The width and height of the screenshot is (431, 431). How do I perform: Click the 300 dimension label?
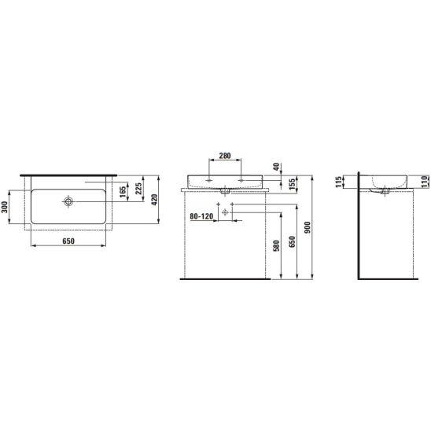point(5,206)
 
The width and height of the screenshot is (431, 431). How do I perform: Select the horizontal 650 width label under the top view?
point(68,241)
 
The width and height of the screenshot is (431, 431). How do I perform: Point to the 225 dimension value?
point(138,188)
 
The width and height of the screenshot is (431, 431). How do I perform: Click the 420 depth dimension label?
point(154,200)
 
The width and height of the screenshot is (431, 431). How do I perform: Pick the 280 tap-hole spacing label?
point(225,156)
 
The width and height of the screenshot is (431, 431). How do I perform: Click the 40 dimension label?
point(276,167)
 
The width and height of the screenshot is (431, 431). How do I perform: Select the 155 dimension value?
point(293,184)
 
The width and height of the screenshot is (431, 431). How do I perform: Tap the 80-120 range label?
point(201,216)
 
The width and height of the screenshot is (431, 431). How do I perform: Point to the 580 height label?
point(277,245)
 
